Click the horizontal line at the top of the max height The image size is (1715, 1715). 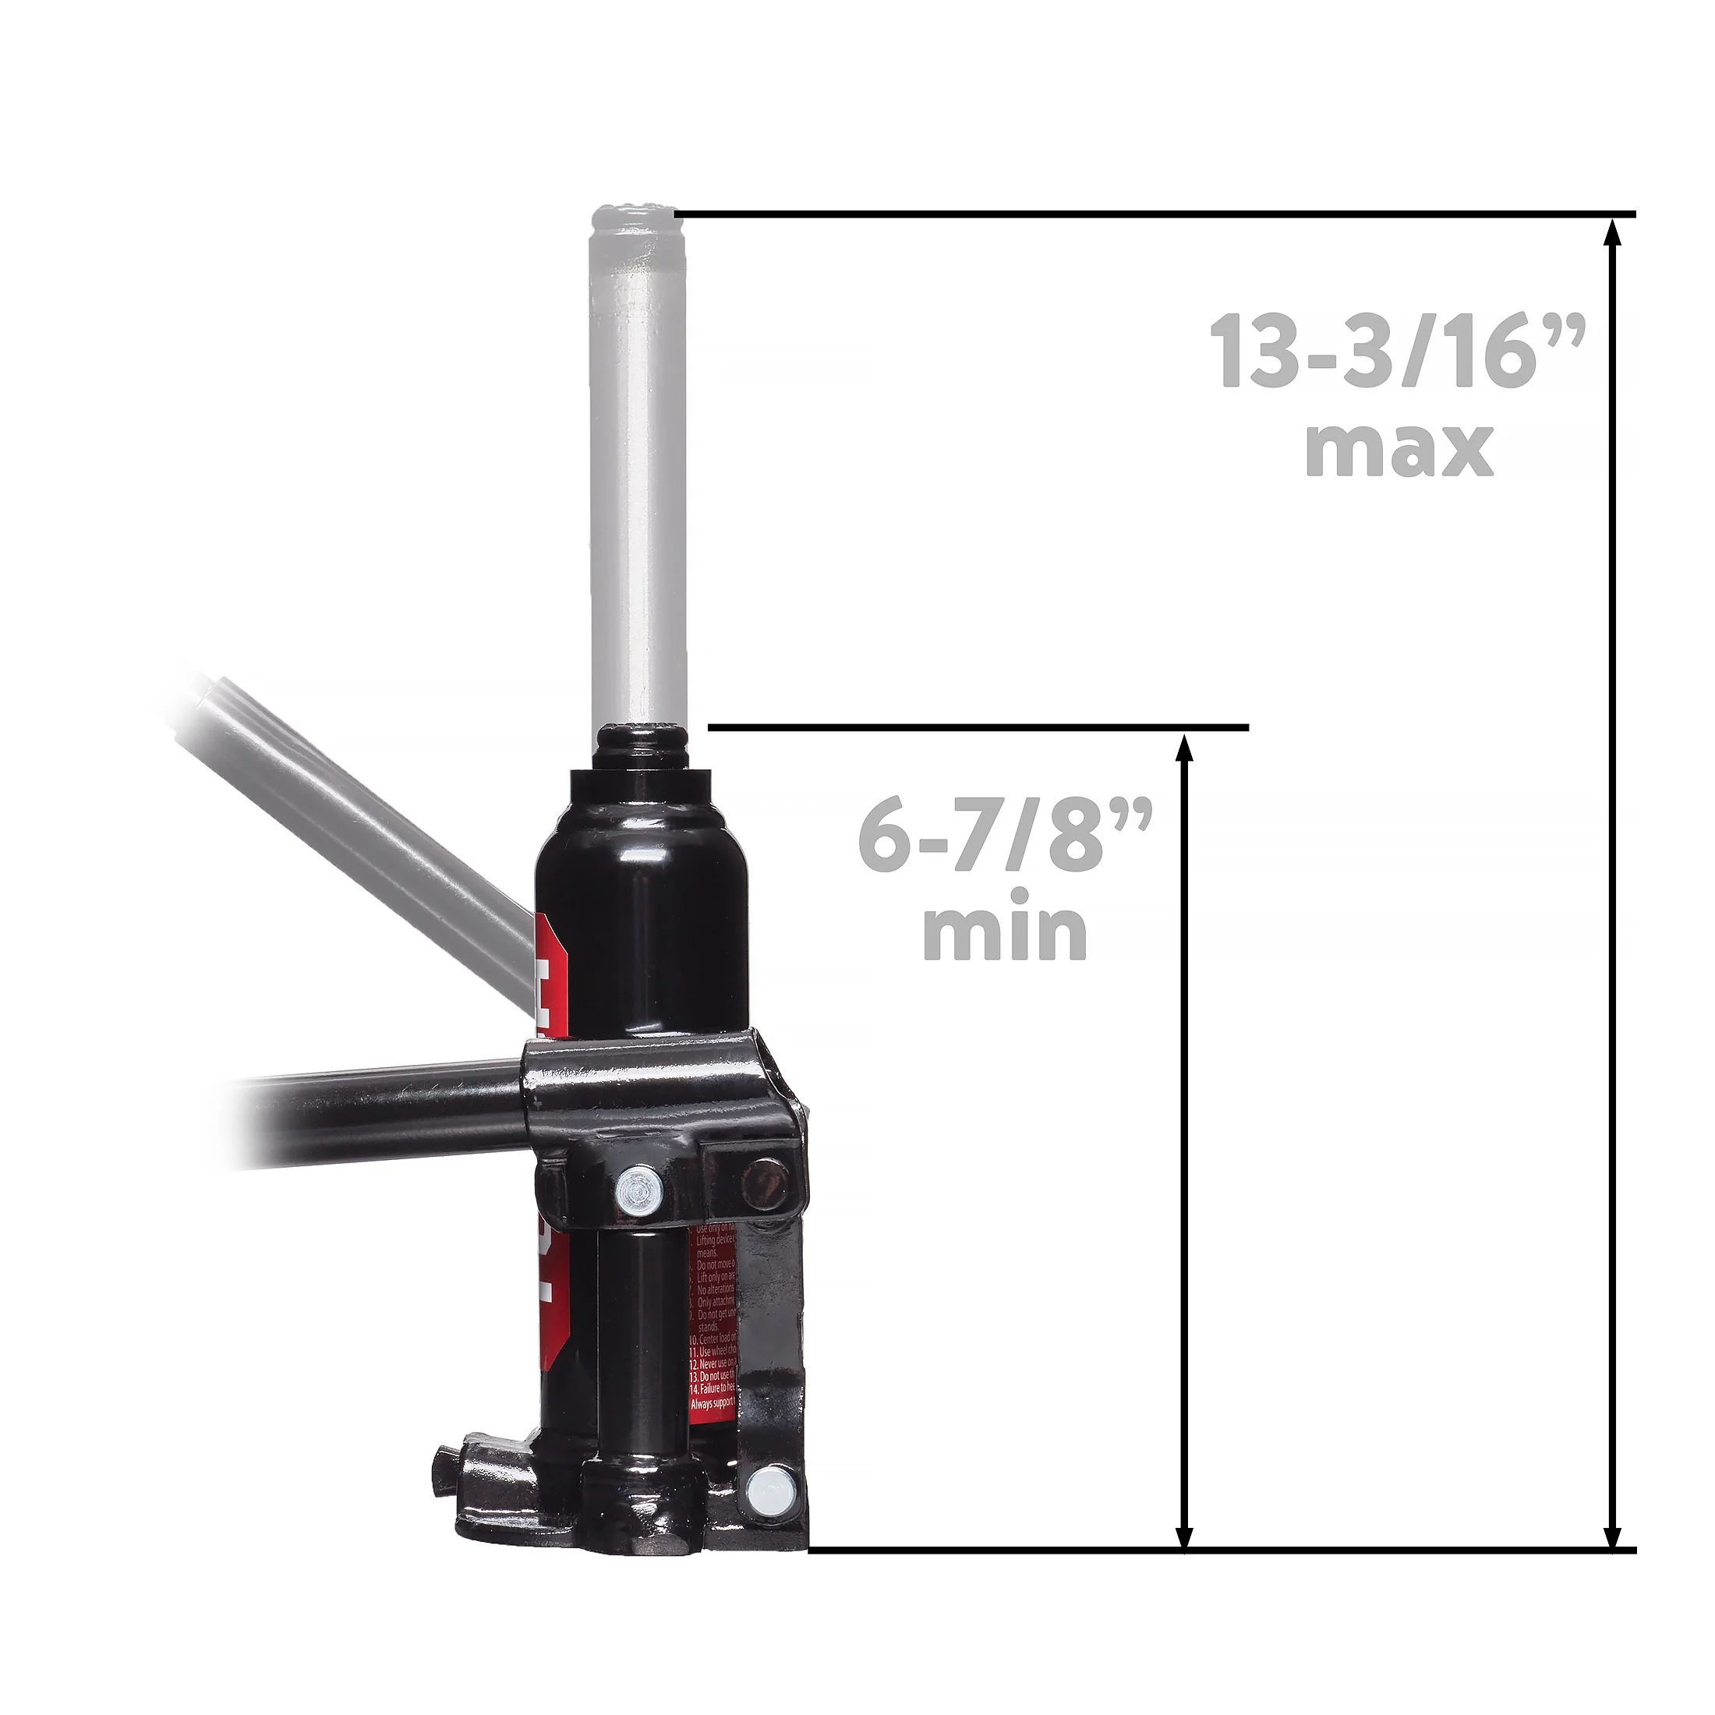(1154, 214)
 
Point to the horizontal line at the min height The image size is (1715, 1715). (977, 728)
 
